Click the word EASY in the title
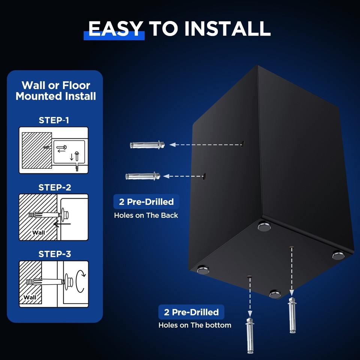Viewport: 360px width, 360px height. point(115,29)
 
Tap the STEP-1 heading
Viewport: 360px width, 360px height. point(54,120)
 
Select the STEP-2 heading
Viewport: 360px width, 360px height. point(55,187)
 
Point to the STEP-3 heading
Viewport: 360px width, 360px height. point(55,254)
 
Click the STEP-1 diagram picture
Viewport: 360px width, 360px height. point(54,150)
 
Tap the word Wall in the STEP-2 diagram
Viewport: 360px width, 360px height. point(38,232)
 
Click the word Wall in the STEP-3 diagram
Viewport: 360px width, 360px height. point(30,297)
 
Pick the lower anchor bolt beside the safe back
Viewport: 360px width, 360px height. point(143,176)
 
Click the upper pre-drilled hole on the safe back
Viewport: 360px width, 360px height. point(243,143)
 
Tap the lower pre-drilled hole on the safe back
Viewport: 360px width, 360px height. point(205,175)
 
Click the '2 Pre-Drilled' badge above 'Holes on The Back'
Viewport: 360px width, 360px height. point(146,202)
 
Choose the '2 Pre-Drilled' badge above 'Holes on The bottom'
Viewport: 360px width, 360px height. point(191,312)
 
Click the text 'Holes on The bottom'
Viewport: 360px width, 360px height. point(195,325)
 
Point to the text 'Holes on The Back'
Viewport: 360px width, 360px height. point(146,215)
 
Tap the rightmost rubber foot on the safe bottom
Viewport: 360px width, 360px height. point(338,255)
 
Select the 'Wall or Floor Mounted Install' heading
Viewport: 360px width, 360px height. point(55,91)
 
